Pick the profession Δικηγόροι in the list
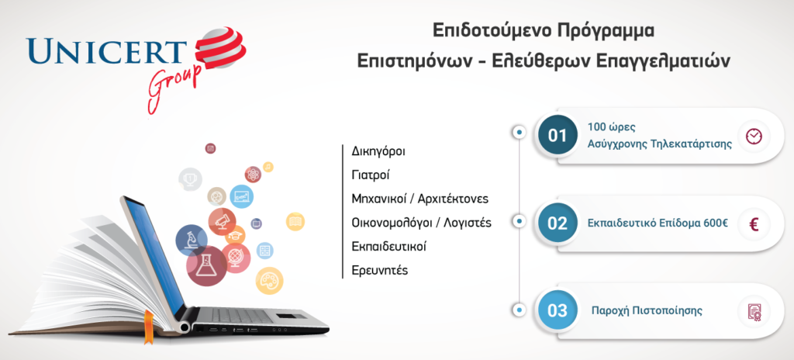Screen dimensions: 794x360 pyautogui.click(x=378, y=151)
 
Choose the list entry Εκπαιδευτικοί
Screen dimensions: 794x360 pyautogui.click(x=389, y=247)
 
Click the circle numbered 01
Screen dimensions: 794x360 pyautogui.click(x=558, y=135)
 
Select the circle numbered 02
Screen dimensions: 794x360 pyautogui.click(x=558, y=223)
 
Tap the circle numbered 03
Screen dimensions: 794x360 pyautogui.click(x=558, y=310)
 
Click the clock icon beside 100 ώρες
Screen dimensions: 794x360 pyautogui.click(x=754, y=136)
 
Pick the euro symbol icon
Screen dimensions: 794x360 pyautogui.click(x=754, y=223)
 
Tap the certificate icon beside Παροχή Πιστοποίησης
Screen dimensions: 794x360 pyautogui.click(x=754, y=311)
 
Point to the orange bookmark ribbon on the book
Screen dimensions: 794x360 pyautogui.click(x=148, y=327)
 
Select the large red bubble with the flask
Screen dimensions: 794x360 pyautogui.click(x=206, y=265)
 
